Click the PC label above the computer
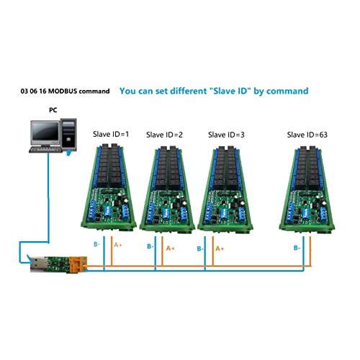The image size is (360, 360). pos(53,110)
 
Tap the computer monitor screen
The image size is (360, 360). pos(45,131)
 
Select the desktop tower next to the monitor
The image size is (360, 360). pos(68,135)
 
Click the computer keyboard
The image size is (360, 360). pos(45,150)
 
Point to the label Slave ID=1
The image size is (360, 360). pos(111,134)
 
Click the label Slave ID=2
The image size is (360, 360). pos(164,135)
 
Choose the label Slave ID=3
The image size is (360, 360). pos(226,135)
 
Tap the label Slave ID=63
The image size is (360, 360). pos(307,135)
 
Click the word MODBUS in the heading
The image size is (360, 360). pos(63,91)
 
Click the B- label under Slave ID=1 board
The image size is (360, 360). pos(96,244)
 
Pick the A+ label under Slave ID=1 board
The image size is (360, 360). pos(118,245)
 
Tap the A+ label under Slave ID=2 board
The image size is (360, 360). pos(171,248)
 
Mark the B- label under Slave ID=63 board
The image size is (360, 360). pos(297,248)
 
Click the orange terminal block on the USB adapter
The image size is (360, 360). pos(78,264)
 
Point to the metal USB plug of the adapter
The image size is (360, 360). pos(38,264)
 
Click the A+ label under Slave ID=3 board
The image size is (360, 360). pos(220,248)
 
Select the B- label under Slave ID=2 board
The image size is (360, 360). pos(150,246)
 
